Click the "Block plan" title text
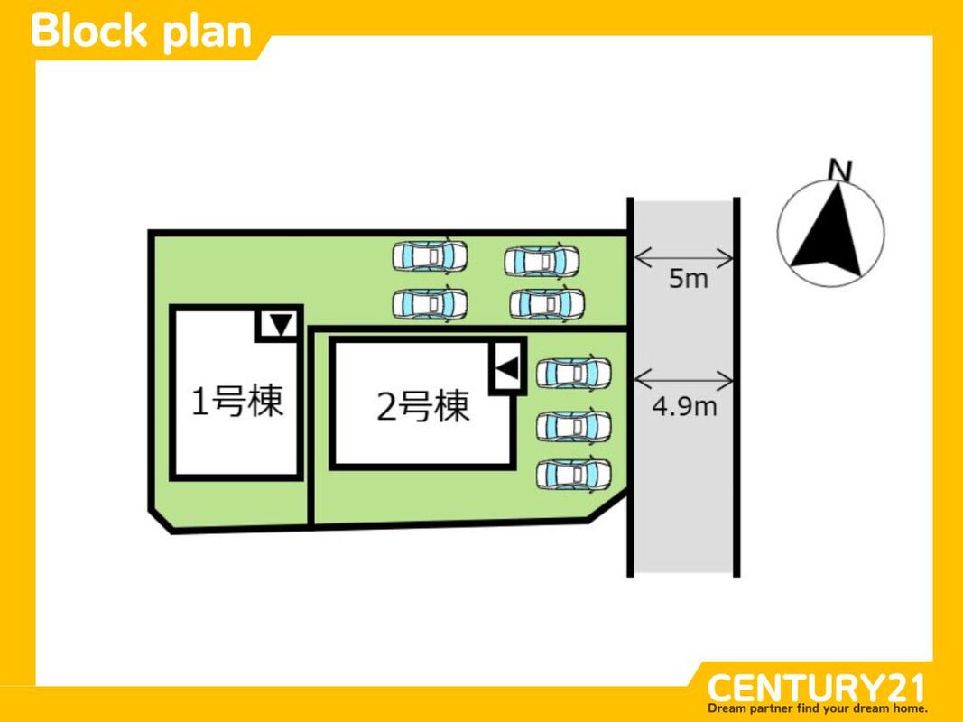point(141,31)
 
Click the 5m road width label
point(688,279)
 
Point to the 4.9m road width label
point(684,407)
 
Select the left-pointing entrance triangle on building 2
point(507,367)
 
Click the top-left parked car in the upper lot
point(430,256)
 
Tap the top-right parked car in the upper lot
point(542,261)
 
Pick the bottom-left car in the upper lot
point(430,303)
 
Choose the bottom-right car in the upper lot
point(546,304)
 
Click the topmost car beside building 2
point(573,372)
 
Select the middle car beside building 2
point(573,425)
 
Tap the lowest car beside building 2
point(573,474)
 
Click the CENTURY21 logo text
point(816,688)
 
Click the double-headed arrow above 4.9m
point(683,377)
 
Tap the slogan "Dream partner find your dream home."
point(818,708)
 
